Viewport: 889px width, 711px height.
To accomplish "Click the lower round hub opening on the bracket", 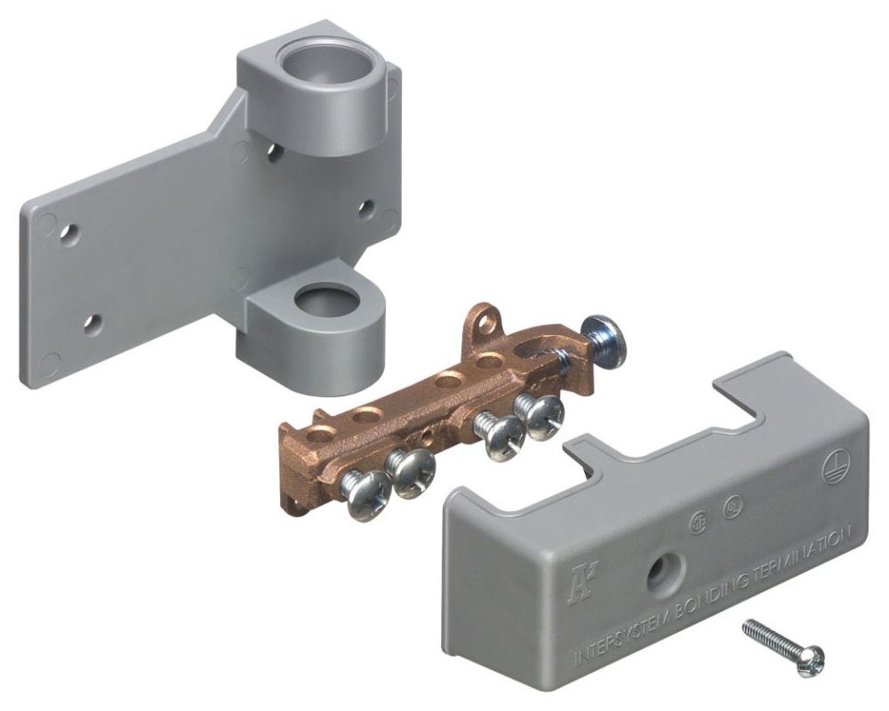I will coord(324,301).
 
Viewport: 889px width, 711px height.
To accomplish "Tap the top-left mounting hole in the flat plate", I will coord(68,233).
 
